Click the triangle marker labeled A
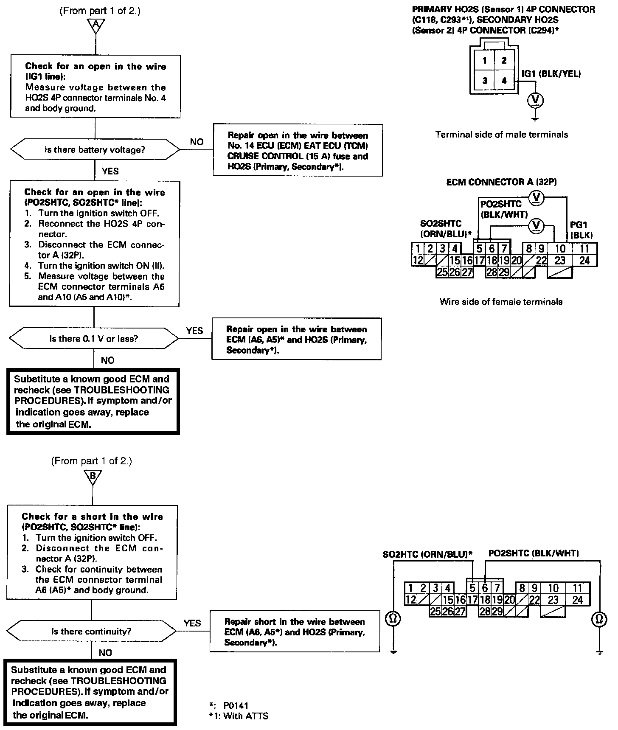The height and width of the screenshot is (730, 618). click(x=96, y=25)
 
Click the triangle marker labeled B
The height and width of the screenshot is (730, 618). click(x=93, y=476)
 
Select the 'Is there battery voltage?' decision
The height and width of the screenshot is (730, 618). click(x=95, y=150)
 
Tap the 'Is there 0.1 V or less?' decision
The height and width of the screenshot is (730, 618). click(x=94, y=339)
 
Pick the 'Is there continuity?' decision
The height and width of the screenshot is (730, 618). click(x=91, y=632)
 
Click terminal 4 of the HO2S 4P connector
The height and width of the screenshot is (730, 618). click(x=504, y=80)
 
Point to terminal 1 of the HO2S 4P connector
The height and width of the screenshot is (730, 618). click(x=484, y=60)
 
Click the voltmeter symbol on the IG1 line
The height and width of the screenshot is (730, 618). click(x=536, y=100)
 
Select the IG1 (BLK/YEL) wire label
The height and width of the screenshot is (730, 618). click(x=551, y=73)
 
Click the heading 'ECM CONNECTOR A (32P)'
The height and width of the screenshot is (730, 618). click(x=501, y=182)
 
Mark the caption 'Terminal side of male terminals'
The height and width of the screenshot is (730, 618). click(x=501, y=135)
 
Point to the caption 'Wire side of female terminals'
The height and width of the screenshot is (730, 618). click(x=501, y=302)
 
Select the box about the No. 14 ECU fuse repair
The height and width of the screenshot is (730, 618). click(x=298, y=150)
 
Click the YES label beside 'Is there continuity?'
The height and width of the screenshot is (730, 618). click(x=192, y=623)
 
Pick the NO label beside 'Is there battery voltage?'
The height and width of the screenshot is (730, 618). click(x=197, y=142)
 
